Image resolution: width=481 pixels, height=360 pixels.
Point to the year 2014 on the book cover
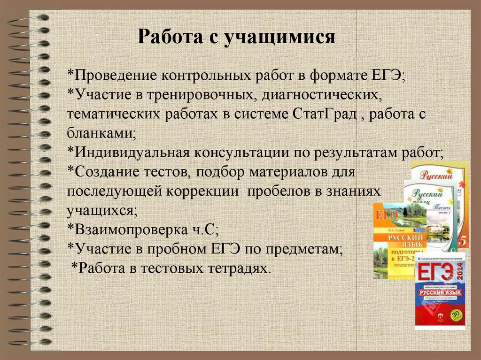(459, 273)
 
